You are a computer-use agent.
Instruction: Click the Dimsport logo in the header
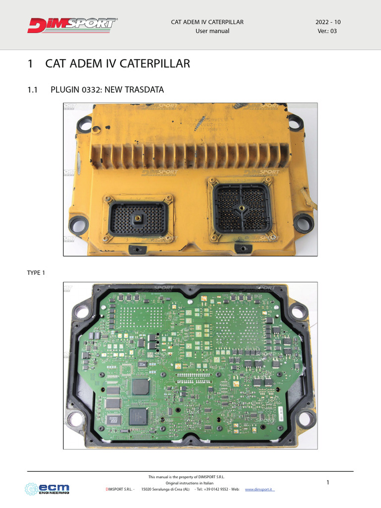click(72, 26)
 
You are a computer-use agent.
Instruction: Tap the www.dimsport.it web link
click(260, 490)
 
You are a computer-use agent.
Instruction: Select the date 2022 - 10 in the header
click(328, 22)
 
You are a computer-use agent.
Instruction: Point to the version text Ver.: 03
click(328, 31)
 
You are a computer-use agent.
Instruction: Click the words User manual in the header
click(212, 31)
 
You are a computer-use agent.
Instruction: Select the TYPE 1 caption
click(36, 272)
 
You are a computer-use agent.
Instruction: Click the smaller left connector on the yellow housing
click(138, 218)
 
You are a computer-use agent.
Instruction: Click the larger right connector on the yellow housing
click(242, 208)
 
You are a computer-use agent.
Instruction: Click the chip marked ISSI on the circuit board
click(137, 416)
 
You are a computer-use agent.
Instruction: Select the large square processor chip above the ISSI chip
click(140, 387)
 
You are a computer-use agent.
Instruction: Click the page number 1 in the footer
click(328, 483)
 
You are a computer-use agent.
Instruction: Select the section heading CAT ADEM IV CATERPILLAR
click(117, 64)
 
